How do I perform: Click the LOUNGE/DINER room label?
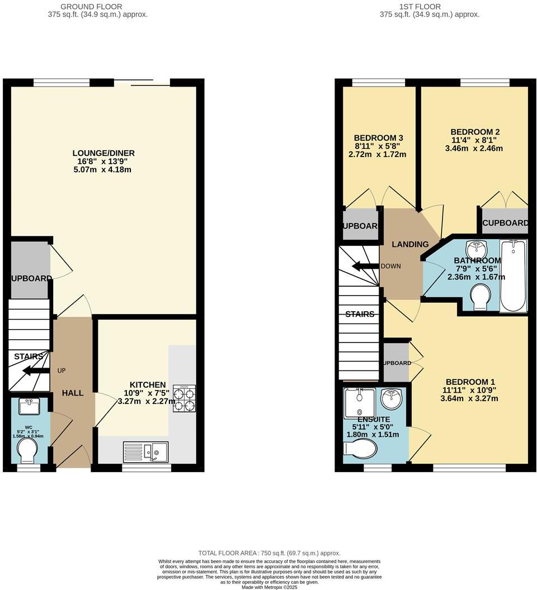pyautogui.click(x=103, y=153)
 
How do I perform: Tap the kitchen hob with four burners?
pyautogui.click(x=185, y=398)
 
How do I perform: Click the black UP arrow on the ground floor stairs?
pyautogui.click(x=34, y=370)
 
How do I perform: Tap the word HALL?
pyautogui.click(x=73, y=393)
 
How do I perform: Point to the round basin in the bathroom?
pyautogui.click(x=477, y=246)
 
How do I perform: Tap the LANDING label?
pyautogui.click(x=410, y=244)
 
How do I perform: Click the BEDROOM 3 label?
pyautogui.click(x=379, y=138)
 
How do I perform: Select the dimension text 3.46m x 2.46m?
pyautogui.click(x=474, y=149)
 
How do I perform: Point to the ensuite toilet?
pyautogui.click(x=360, y=448)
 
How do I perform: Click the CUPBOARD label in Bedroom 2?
pyautogui.click(x=505, y=223)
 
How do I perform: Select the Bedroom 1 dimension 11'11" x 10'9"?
pyautogui.click(x=469, y=390)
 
